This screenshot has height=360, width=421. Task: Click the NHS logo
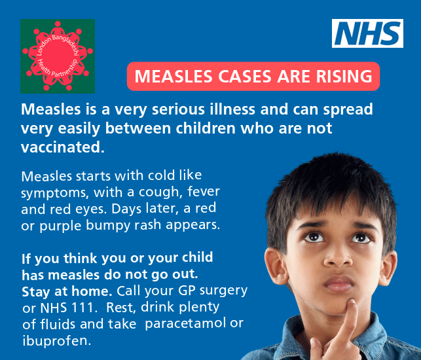[x=367, y=33]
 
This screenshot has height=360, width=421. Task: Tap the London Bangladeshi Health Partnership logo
[x=58, y=56]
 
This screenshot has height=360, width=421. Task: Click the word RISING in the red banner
[x=344, y=76]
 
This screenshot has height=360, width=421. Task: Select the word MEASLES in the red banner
[x=174, y=76]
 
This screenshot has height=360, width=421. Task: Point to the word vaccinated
[x=63, y=147]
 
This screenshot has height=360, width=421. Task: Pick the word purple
[x=60, y=226]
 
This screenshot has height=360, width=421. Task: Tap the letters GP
[x=187, y=291]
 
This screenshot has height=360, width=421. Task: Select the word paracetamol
[x=185, y=324]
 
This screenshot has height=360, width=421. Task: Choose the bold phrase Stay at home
[x=67, y=291]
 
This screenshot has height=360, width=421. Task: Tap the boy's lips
[x=339, y=283]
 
